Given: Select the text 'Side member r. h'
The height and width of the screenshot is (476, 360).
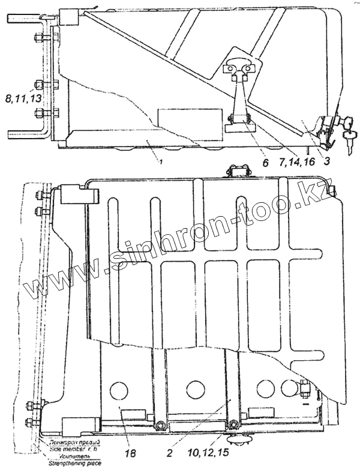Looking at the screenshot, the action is coord(72,448).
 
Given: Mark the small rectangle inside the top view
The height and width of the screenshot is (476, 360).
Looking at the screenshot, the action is coord(188,116).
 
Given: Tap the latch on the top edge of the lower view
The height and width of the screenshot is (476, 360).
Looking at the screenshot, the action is coord(238,172).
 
